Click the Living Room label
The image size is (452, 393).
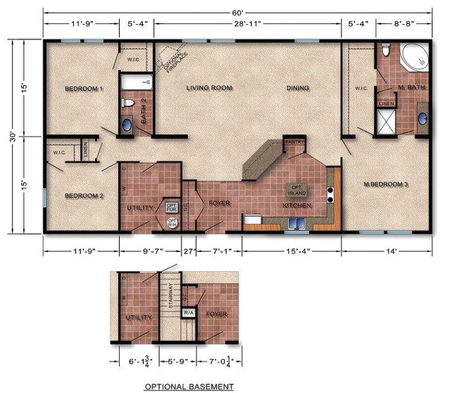(x=209, y=88)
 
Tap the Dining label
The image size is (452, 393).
(x=298, y=88)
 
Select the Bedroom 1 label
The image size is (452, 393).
(x=84, y=89)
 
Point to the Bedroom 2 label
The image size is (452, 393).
(x=84, y=196)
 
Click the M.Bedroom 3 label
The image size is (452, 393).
(x=387, y=184)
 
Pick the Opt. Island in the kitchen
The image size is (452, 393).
(x=296, y=189)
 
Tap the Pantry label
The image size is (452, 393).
(x=294, y=142)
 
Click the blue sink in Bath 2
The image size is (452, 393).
(x=126, y=124)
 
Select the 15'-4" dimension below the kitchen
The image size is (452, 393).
(x=291, y=251)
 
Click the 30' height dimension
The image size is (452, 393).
(x=14, y=137)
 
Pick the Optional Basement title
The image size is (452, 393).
(x=189, y=387)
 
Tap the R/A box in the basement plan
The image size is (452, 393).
(x=188, y=314)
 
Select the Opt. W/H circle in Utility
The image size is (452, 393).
(x=171, y=224)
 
